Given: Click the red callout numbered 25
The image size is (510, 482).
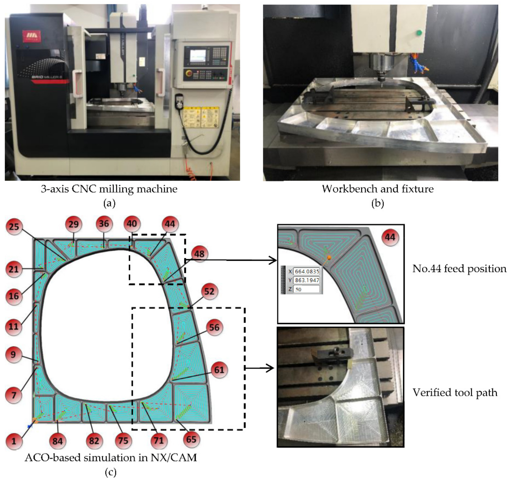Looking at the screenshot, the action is (14, 227).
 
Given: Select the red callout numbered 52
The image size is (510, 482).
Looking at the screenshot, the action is (209, 291).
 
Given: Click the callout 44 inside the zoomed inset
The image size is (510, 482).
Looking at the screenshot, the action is (390, 237).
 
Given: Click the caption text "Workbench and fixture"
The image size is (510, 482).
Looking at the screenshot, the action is (378, 189).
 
